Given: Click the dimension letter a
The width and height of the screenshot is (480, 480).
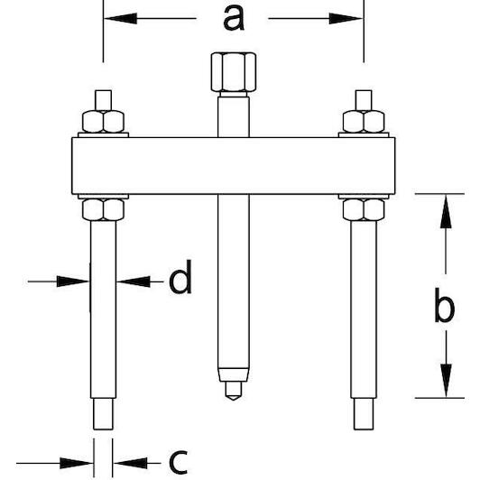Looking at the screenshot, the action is click(x=234, y=18).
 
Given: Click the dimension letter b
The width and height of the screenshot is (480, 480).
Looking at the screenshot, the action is click(x=444, y=305).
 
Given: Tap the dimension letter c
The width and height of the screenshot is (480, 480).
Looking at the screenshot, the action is click(x=178, y=462).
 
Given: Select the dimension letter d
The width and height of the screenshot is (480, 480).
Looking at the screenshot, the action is click(x=180, y=277).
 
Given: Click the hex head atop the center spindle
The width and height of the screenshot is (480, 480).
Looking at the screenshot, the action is click(x=234, y=72).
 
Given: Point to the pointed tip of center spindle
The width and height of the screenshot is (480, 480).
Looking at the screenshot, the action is click(x=234, y=398).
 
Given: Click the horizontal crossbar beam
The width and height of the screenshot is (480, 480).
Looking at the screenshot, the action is click(x=234, y=166).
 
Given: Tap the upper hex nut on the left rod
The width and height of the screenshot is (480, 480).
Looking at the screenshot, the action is click(x=103, y=122).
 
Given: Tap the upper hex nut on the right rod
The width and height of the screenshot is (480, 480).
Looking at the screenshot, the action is click(x=364, y=122).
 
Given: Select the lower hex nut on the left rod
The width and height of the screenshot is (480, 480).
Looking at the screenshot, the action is click(x=103, y=209).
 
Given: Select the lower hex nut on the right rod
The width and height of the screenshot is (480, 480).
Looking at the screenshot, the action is click(x=364, y=209).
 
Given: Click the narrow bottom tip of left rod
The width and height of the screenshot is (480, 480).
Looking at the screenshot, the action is click(x=103, y=414).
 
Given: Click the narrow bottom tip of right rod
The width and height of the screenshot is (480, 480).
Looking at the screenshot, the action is click(x=364, y=414).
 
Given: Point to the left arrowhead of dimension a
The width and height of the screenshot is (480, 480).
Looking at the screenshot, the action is click(x=120, y=18).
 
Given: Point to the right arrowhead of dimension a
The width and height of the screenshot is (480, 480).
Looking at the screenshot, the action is click(x=346, y=18).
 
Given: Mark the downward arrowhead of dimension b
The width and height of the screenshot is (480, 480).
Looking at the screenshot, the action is click(x=446, y=381).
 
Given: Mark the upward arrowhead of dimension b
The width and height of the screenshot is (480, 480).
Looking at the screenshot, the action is click(x=446, y=211).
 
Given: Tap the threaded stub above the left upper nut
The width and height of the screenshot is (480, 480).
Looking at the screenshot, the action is click(x=103, y=100).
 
